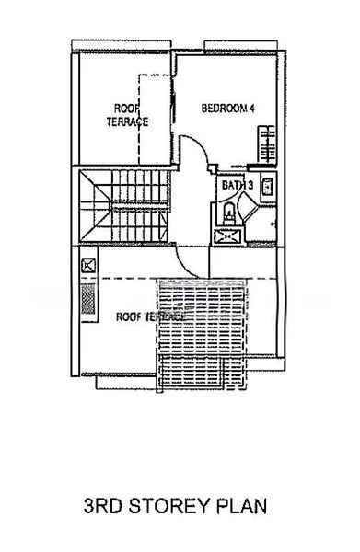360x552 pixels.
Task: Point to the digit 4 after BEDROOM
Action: coord(251,109)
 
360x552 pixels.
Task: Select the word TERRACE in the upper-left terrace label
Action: coord(127,121)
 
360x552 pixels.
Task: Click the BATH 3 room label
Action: coord(236,185)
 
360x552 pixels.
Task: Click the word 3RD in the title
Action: coord(105,505)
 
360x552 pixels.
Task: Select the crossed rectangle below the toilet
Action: coord(225,237)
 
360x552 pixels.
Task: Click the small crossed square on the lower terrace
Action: coord(88,266)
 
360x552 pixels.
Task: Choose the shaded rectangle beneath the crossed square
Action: coord(88,298)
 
